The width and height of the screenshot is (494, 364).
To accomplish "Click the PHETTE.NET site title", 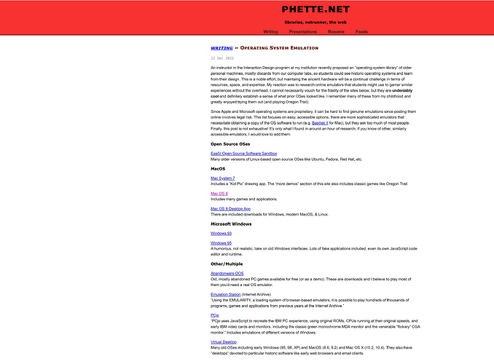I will [x=317, y=9].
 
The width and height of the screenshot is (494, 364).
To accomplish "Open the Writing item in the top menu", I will [x=270, y=32].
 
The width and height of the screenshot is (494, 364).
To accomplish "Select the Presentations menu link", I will [x=302, y=32].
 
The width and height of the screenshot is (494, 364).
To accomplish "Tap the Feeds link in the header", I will [x=362, y=32].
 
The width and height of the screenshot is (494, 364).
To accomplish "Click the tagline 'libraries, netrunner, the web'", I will [x=317, y=23].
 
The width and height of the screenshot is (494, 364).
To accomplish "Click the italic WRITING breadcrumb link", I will [x=221, y=47].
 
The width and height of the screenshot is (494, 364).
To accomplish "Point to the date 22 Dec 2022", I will [x=222, y=58].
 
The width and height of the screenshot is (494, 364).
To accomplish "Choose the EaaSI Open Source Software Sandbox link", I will [x=243, y=154].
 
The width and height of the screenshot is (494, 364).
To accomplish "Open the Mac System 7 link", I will [x=222, y=178].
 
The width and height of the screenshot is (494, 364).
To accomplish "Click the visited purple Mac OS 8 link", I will [x=219, y=194].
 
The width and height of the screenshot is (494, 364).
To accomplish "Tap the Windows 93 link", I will [x=220, y=233].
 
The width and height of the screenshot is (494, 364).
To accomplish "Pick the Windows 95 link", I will [x=220, y=243].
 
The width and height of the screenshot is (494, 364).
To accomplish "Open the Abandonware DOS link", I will [x=227, y=273].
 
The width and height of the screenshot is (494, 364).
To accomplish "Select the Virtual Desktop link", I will [x=224, y=341].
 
